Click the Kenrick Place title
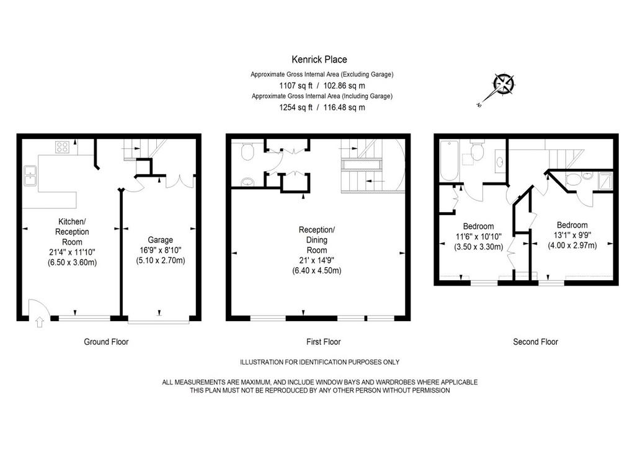coord(319,60)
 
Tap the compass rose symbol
coord(504,84)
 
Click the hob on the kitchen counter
coord(63,147)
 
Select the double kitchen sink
coord(30,176)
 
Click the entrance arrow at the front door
coord(39,322)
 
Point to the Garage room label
coord(161,240)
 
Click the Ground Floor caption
coord(106,342)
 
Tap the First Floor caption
coord(324,342)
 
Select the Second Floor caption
coord(535,342)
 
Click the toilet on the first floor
coord(247,151)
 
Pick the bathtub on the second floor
coord(449,161)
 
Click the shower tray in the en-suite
coord(605,180)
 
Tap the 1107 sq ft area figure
coord(296,86)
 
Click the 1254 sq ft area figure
coord(296,108)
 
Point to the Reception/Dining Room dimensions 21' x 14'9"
coord(317,260)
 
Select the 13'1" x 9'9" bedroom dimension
coord(572,235)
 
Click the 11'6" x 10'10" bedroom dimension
coord(479,236)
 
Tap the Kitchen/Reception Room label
coord(72,231)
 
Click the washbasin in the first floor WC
coord(247,182)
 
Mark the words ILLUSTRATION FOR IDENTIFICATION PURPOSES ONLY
coord(320,362)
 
